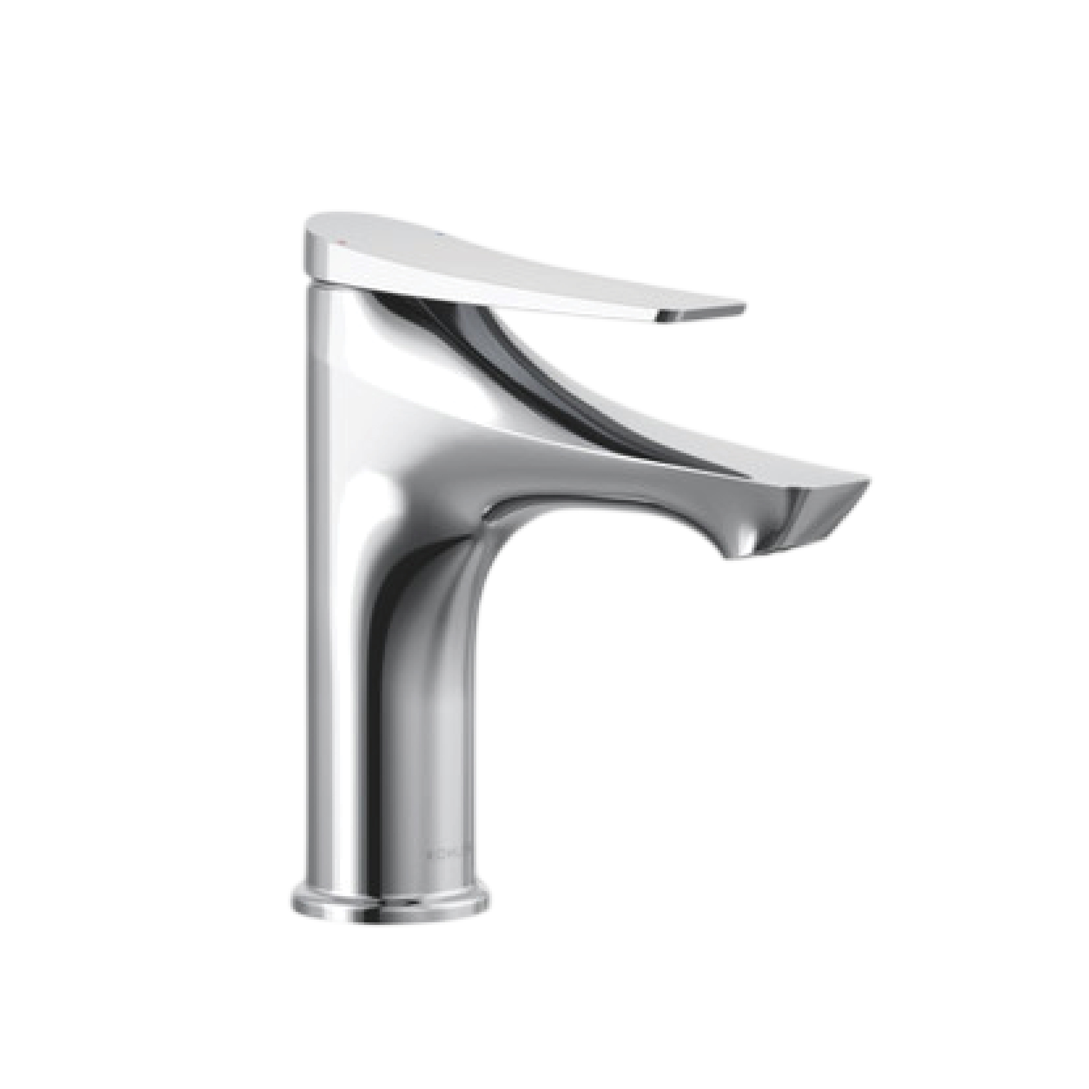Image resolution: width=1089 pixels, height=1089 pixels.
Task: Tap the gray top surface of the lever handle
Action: click(x=507, y=237)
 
